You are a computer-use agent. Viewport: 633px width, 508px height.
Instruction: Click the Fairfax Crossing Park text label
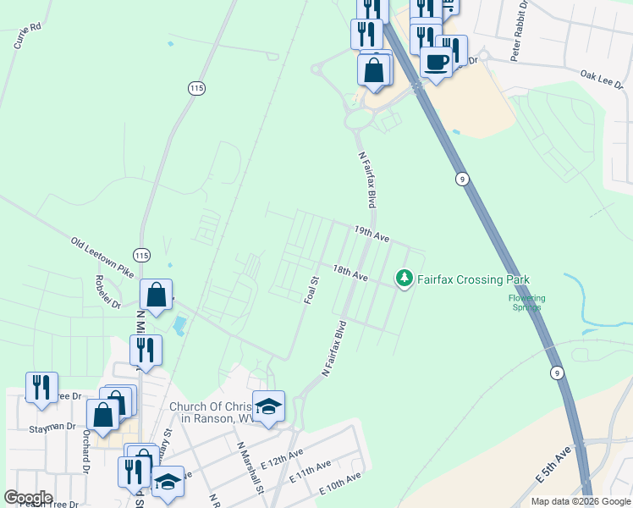tap(474, 279)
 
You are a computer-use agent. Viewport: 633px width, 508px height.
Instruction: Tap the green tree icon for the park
tap(405, 278)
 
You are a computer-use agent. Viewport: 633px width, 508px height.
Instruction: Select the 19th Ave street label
tap(372, 235)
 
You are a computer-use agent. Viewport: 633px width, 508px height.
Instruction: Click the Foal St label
tap(311, 290)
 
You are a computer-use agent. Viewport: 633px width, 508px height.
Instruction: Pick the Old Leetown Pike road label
tap(103, 258)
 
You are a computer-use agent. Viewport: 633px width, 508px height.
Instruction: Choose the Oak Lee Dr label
tap(602, 75)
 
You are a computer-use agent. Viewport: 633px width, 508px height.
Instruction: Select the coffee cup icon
tap(437, 63)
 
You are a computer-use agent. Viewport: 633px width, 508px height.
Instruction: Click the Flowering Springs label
tap(526, 302)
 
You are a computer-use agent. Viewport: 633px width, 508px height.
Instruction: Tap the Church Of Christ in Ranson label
tap(216, 412)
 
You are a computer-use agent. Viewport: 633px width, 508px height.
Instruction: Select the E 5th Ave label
tap(553, 466)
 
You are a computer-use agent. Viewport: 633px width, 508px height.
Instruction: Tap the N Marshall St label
tap(250, 466)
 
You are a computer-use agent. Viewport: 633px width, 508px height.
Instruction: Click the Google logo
tap(29, 498)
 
